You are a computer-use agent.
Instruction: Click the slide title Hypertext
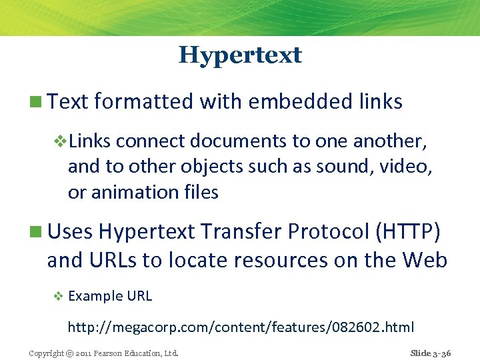[240, 55]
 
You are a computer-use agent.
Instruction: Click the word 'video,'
[406, 167]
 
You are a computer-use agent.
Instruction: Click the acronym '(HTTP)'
[408, 231]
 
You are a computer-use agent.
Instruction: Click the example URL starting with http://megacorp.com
[241, 327]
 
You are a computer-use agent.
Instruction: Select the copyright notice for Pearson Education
[103, 353]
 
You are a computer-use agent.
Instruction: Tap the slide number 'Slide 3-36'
[431, 353]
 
